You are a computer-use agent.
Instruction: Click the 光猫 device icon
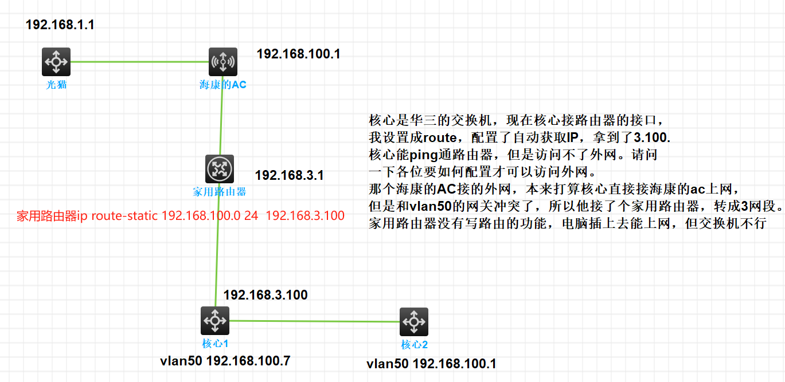click(x=56, y=61)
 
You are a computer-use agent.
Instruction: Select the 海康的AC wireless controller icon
click(x=223, y=61)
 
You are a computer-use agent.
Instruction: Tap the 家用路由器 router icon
click(x=219, y=168)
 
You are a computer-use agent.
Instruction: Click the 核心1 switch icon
click(x=214, y=321)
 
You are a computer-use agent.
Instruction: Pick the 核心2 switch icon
click(x=414, y=321)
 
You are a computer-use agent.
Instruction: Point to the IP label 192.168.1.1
click(x=60, y=25)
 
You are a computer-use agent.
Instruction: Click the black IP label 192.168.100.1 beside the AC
click(x=298, y=54)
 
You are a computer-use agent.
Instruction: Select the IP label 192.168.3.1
click(x=289, y=175)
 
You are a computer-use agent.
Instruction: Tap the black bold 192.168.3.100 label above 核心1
click(x=265, y=296)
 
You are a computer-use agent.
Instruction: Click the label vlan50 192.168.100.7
click(x=225, y=361)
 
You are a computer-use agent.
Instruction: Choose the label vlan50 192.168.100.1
click(x=431, y=364)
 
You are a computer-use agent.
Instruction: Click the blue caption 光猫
click(x=56, y=85)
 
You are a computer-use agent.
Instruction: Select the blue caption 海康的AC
click(x=223, y=85)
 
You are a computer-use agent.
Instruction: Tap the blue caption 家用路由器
click(x=219, y=192)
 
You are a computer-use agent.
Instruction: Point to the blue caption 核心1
click(x=215, y=344)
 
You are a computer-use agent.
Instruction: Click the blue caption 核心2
click(x=414, y=345)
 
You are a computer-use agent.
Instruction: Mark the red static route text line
click(x=181, y=216)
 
